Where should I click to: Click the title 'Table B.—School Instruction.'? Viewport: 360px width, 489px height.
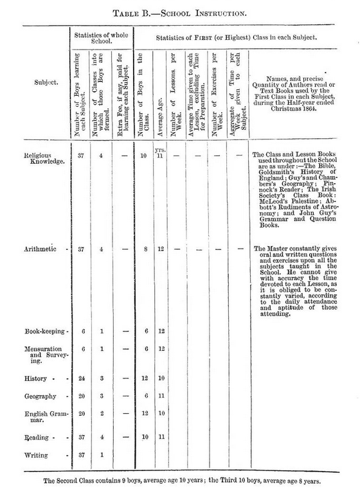click(x=180, y=12)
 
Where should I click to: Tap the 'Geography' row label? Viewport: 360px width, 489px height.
click(x=40, y=396)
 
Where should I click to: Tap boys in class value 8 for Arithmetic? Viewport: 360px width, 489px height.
click(x=145, y=249)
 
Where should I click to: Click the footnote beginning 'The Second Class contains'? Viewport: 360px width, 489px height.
click(x=180, y=479)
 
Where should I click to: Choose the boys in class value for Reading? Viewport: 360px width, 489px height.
click(x=145, y=437)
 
